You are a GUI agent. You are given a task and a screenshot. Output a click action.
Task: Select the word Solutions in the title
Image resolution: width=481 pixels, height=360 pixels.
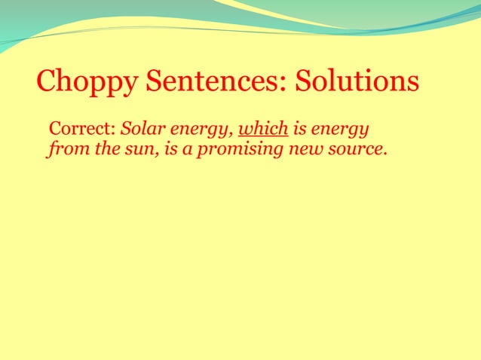(x=351, y=80)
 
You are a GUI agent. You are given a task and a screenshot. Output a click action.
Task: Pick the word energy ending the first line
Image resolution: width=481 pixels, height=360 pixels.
(x=343, y=127)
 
